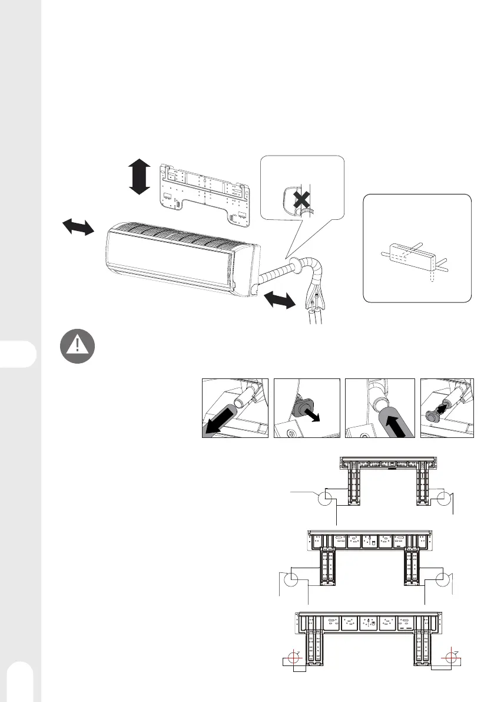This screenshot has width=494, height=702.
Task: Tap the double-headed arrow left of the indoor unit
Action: tap(77, 226)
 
